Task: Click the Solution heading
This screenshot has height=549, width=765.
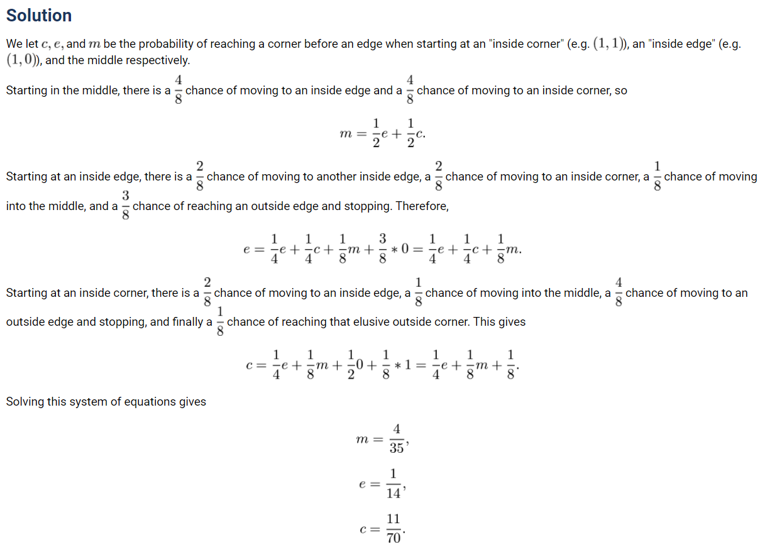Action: point(39,16)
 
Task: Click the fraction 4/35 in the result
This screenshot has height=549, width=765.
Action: point(396,439)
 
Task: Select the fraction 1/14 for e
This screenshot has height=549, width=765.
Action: point(394,484)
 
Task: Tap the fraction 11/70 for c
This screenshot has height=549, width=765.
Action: point(394,529)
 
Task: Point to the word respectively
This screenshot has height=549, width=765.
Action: point(158,60)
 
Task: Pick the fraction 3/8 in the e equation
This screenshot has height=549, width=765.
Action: point(382,249)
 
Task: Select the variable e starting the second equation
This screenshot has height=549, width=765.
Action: point(247,249)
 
